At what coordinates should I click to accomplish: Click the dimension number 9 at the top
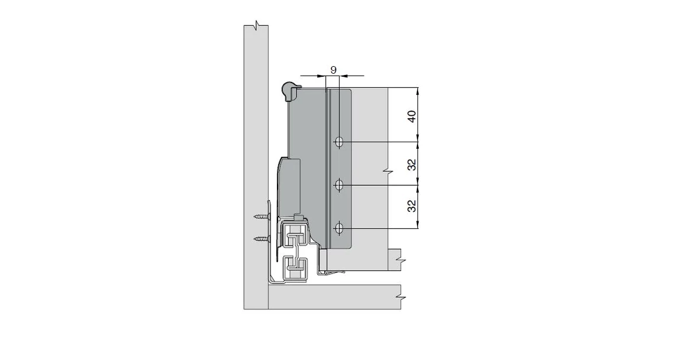click(x=333, y=70)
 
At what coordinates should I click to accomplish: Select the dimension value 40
click(x=412, y=116)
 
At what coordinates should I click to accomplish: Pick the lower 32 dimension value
click(x=412, y=206)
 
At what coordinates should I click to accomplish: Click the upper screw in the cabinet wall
click(x=262, y=217)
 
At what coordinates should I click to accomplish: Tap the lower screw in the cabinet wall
click(x=262, y=238)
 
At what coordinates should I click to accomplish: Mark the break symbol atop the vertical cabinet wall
click(x=256, y=26)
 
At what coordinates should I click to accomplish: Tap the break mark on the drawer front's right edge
click(x=387, y=172)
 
